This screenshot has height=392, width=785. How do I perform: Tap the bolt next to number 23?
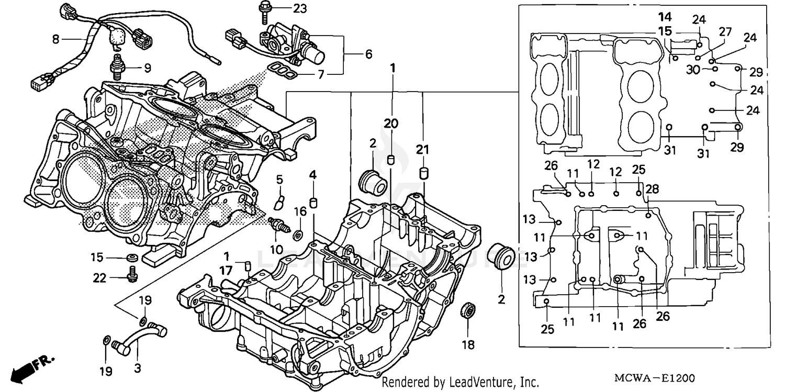(262, 12)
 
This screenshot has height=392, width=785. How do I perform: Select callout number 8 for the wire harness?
(55, 39)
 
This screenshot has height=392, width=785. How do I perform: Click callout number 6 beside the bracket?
(369, 54)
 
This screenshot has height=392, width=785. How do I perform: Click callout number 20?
(390, 124)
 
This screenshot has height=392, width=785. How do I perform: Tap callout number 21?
(422, 150)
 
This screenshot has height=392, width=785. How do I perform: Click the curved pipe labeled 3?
(141, 336)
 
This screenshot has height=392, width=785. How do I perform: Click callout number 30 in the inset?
(693, 70)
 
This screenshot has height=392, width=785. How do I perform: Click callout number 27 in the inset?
(724, 31)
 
